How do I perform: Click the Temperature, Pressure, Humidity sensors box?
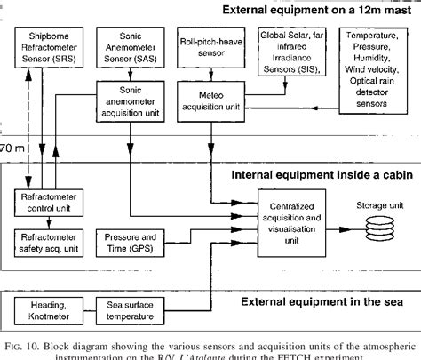point(377,63)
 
